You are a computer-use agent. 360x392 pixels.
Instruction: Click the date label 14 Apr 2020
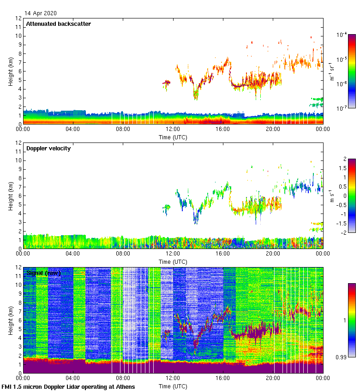pyautogui.click(x=41, y=13)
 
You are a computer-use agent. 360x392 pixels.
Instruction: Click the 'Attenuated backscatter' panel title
pyautogui.click(x=58, y=24)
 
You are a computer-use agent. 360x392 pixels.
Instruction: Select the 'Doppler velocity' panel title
pyautogui.click(x=48, y=148)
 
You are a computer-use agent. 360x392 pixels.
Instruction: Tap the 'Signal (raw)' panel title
pyautogui.click(x=43, y=273)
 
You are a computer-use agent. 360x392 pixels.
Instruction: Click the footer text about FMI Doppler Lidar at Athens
pyautogui.click(x=68, y=386)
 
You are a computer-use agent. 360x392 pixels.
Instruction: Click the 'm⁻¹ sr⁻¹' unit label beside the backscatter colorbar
pyautogui.click(x=332, y=71)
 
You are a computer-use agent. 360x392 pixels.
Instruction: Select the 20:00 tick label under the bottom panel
pyautogui.click(x=273, y=379)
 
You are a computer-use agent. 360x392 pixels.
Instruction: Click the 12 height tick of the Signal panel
pyautogui.click(x=18, y=267)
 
